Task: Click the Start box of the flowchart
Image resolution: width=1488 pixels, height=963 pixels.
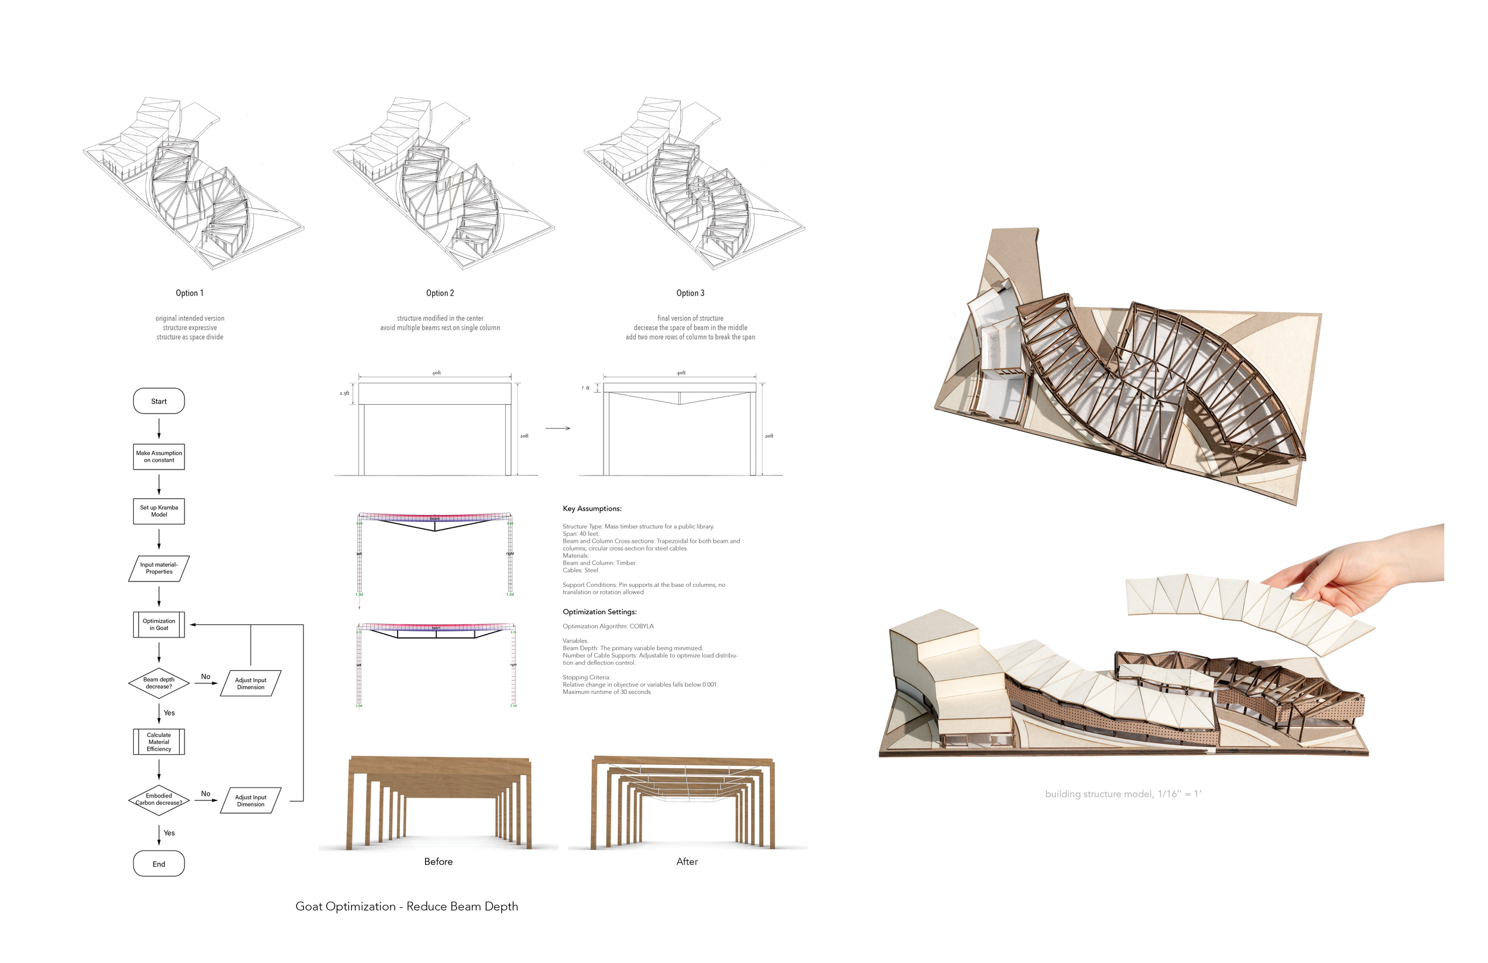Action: click(159, 401)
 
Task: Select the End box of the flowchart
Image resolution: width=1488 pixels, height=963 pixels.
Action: click(159, 864)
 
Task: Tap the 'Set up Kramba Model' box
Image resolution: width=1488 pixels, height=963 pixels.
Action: click(159, 511)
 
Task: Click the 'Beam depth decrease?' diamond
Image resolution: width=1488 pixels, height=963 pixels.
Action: click(159, 683)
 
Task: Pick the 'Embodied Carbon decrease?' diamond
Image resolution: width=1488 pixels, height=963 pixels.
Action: click(159, 799)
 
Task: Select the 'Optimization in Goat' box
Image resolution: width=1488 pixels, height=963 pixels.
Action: click(159, 624)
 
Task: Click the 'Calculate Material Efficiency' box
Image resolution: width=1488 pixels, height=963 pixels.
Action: click(159, 742)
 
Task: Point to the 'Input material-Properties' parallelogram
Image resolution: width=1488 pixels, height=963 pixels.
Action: click(159, 568)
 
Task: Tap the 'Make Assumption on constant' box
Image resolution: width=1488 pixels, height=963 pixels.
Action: click(159, 457)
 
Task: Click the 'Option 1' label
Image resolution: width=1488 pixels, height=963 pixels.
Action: click(189, 293)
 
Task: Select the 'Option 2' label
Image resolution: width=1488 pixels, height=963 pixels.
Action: click(440, 293)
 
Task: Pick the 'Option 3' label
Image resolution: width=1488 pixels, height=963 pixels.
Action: click(690, 293)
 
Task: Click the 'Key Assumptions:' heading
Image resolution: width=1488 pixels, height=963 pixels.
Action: click(592, 508)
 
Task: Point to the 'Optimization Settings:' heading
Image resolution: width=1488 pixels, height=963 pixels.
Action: click(599, 612)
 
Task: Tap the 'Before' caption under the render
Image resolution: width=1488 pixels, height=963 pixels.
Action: click(438, 861)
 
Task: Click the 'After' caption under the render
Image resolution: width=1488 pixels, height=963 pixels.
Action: click(687, 861)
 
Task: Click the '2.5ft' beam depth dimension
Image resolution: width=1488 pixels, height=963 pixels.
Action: click(345, 393)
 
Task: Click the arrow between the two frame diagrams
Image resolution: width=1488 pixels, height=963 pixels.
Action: click(558, 429)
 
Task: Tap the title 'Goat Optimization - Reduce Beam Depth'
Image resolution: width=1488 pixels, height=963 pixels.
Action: click(407, 906)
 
